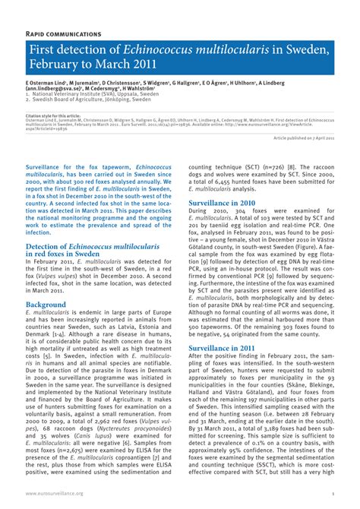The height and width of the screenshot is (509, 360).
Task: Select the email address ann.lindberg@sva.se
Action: tap(54, 87)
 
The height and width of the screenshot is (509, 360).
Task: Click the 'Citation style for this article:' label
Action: tap(52, 115)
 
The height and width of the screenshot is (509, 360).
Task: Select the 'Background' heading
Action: tap(46, 305)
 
